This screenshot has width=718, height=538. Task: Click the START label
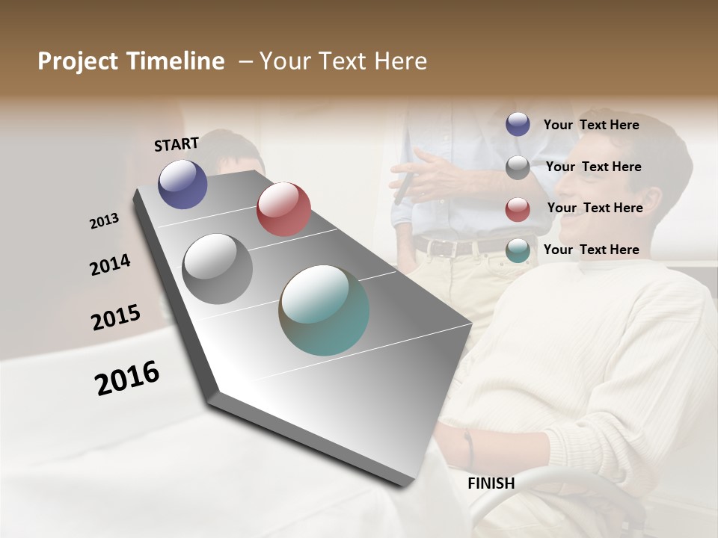tap(177, 144)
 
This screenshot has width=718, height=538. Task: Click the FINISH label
tap(491, 483)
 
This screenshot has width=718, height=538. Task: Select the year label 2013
tap(104, 221)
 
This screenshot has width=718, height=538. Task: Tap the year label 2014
tap(110, 265)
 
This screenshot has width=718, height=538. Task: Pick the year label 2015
tap(116, 318)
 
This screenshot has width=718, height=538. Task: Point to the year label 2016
tap(127, 378)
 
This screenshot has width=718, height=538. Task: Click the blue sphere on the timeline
tap(182, 184)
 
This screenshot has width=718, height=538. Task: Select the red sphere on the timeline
tap(283, 208)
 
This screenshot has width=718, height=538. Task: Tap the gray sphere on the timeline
tap(218, 268)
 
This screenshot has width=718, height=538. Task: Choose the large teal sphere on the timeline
tap(324, 309)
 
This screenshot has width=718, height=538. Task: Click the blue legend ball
tap(518, 124)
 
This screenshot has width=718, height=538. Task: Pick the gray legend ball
tap(518, 167)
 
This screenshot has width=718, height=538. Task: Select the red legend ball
tap(518, 209)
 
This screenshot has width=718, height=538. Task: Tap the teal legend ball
tap(518, 250)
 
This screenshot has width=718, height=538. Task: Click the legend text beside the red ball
tap(595, 208)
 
